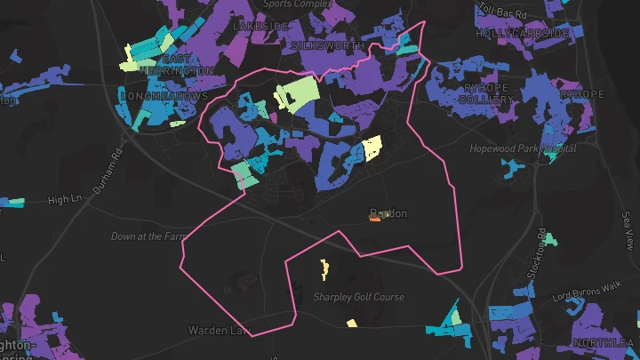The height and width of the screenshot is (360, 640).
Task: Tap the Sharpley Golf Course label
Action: pos(359,297)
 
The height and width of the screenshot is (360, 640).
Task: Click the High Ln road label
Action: pos(65,199)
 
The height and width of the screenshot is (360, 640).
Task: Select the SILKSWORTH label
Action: pos(328,44)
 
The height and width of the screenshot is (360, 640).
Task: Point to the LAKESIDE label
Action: pos(260,27)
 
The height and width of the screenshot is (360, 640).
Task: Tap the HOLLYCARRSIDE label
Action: pos(522,33)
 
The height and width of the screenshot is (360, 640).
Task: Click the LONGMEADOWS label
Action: pos(164,95)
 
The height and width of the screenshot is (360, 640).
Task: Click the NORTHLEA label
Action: pos(604,342)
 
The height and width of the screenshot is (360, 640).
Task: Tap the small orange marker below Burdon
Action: pos(375,221)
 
